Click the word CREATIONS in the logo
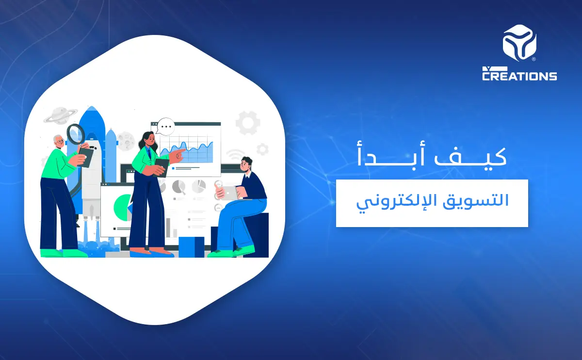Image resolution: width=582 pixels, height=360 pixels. [519, 76]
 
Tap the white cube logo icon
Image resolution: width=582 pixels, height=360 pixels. [519, 43]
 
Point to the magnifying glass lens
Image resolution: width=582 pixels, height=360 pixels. [75, 133]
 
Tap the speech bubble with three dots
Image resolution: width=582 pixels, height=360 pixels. [165, 127]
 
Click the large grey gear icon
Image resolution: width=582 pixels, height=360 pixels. [247, 122]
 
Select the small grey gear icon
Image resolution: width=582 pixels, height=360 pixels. [262, 149]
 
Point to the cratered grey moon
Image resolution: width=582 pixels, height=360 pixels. [126, 140]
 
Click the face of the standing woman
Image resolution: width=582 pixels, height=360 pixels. [149, 141]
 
